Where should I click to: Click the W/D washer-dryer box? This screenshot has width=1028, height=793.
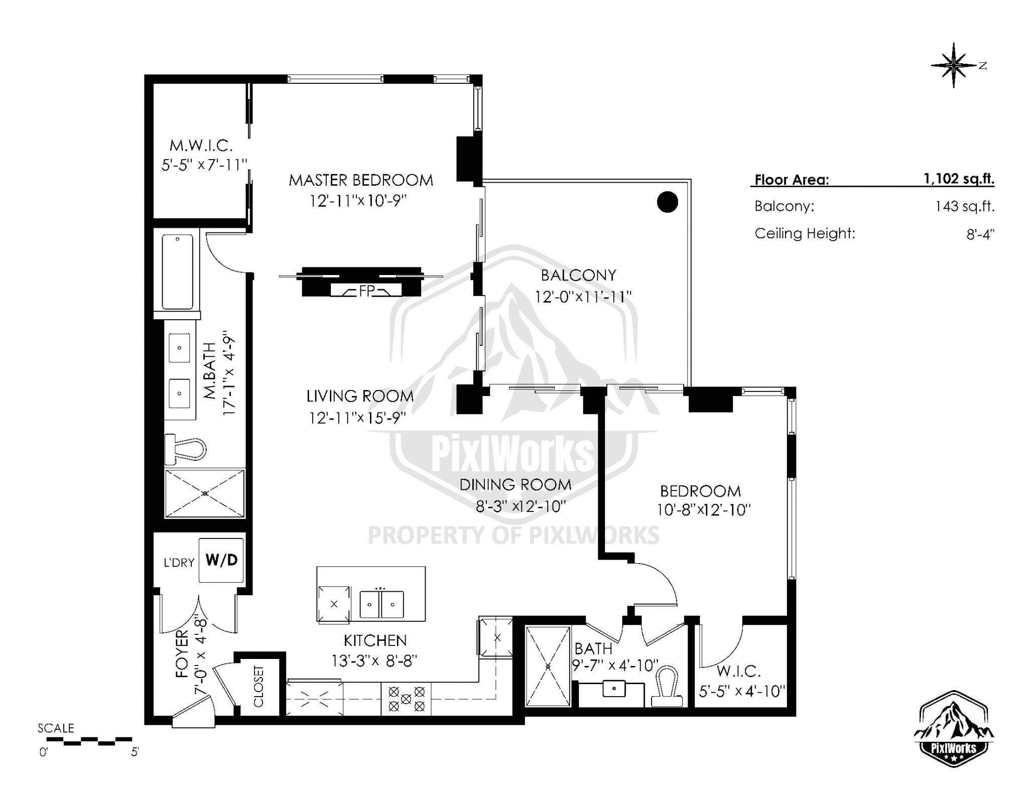pyautogui.click(x=221, y=560)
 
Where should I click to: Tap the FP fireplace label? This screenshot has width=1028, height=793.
pyautogui.click(x=366, y=291)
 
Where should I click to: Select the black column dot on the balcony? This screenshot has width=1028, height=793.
pyautogui.click(x=667, y=202)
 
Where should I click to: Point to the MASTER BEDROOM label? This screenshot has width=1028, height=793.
pyautogui.click(x=360, y=180)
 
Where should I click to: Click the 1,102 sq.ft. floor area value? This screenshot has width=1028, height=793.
pyautogui.click(x=959, y=179)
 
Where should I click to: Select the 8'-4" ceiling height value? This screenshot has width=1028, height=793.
pyautogui.click(x=980, y=234)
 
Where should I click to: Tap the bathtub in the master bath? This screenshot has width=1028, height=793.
pyautogui.click(x=177, y=272)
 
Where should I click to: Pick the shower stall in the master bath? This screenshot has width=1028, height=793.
pyautogui.click(x=205, y=493)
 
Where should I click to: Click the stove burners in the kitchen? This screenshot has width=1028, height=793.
pyautogui.click(x=406, y=699)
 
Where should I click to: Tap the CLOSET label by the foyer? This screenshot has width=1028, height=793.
pyautogui.click(x=259, y=686)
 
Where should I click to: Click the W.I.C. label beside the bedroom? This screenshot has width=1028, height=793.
pyautogui.click(x=738, y=671)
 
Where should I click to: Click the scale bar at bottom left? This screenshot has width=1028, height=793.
pyautogui.click(x=85, y=740)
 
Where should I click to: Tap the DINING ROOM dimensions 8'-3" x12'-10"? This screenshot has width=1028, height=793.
pyautogui.click(x=521, y=506)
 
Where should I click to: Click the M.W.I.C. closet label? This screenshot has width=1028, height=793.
pyautogui.click(x=201, y=146)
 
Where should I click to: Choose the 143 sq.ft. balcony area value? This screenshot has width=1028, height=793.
pyautogui.click(x=964, y=206)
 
